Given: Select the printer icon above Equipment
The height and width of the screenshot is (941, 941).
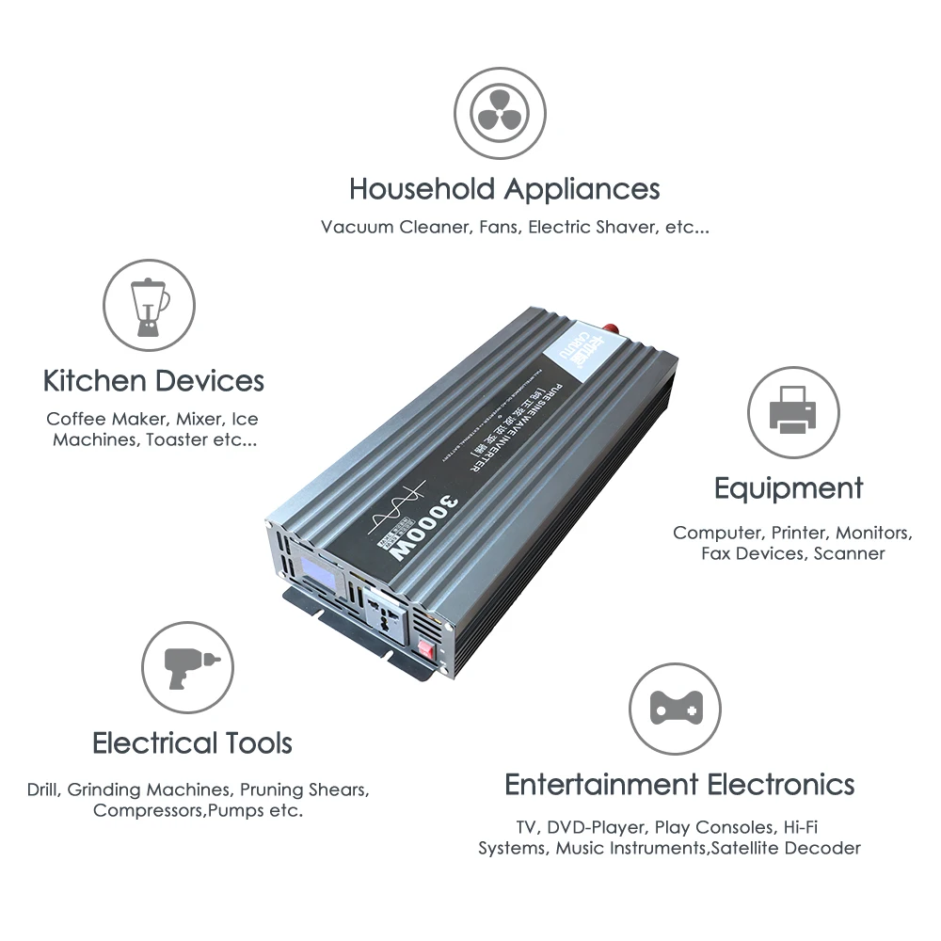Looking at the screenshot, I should point(793,412).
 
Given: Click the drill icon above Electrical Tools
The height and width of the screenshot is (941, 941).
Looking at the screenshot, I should point(187,668).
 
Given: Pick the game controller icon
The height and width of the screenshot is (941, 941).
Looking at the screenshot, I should point(674,708).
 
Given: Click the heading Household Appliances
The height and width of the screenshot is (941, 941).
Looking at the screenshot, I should point(504,189).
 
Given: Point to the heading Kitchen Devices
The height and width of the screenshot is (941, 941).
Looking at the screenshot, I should point(153,381).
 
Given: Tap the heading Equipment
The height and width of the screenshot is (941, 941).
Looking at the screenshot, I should point(788,488).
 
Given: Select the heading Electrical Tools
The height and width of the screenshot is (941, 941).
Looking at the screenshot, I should point(192,743).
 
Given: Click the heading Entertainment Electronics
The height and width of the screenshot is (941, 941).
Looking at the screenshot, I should point(679,784).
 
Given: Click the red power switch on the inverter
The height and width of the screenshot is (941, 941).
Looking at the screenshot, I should point(426,647).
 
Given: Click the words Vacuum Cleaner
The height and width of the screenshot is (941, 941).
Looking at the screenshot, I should point(395,228).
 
